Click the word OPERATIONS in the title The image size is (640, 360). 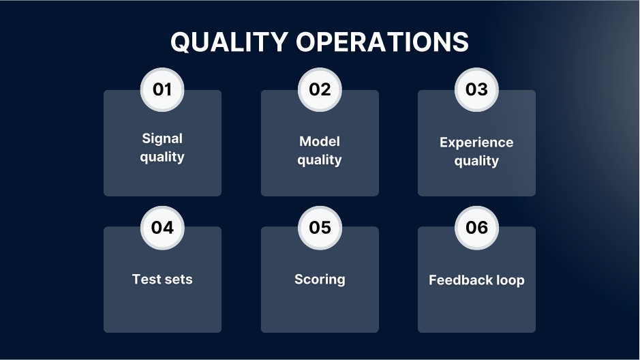coord(382,42)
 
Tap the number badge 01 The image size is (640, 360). coord(162,89)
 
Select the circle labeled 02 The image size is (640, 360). coord(320,89)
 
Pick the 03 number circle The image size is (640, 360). coord(476,89)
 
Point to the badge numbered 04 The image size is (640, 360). coord(162,227)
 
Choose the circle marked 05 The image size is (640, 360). coord(320,227)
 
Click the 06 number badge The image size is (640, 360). coord(476,227)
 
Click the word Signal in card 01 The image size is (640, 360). coord(162,138)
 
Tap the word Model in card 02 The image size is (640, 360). coord(320,141)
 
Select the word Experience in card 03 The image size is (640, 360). coord(476,142)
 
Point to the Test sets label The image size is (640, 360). coord(162,279)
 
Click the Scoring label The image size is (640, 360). coord(320,280)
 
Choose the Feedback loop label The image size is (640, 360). coord(476,280)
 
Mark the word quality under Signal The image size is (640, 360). coord(162,157)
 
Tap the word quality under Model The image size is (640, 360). coord(320,161)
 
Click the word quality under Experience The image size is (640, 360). coord(476,162)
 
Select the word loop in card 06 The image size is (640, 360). coord(510,280)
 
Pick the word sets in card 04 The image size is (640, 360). coord(179,279)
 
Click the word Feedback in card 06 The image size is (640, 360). coord(460,280)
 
